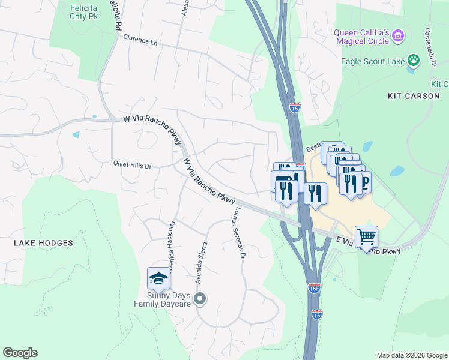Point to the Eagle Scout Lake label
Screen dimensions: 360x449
372,61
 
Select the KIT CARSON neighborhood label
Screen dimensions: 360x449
414,96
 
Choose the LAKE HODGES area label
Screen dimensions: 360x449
43,243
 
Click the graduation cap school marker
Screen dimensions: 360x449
158,278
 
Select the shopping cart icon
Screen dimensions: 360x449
366,236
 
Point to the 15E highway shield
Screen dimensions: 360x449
314,287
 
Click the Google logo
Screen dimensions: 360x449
20,353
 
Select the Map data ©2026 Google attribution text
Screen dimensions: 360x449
411,355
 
